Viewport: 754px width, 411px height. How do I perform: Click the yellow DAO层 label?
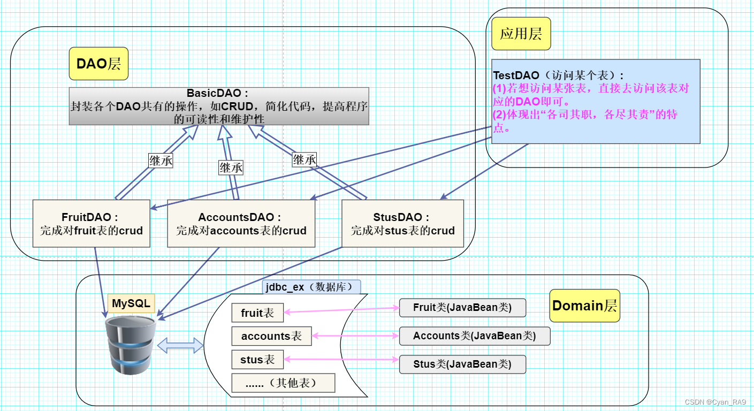99,64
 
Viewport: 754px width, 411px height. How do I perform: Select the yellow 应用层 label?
521,34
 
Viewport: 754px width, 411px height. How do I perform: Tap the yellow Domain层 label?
584,306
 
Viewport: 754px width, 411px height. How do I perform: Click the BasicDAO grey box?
219,106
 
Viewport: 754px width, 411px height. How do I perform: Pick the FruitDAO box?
92,224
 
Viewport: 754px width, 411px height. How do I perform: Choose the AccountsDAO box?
241,224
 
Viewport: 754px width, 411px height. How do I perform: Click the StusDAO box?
402,224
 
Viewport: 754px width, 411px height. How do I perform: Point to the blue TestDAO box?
596,101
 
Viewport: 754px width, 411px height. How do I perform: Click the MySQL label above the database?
131,303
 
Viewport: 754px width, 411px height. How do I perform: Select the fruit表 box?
257,313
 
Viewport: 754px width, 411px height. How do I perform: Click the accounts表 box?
271,336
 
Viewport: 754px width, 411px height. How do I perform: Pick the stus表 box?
257,360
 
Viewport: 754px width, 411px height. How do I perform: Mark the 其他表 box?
283,383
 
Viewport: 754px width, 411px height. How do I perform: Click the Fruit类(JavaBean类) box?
462,308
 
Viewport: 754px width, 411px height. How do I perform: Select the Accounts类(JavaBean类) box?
474,336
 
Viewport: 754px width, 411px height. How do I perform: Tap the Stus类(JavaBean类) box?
462,364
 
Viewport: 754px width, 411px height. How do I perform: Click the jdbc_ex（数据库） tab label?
311,287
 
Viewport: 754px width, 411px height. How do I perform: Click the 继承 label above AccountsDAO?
231,168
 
